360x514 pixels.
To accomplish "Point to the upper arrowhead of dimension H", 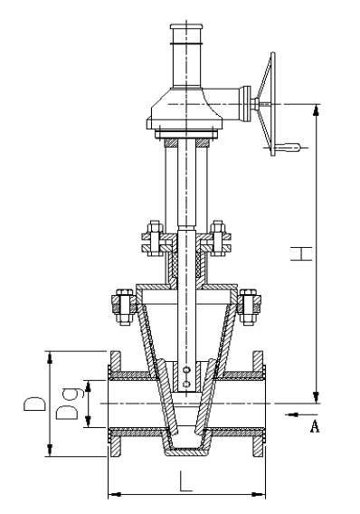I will (316, 109).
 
